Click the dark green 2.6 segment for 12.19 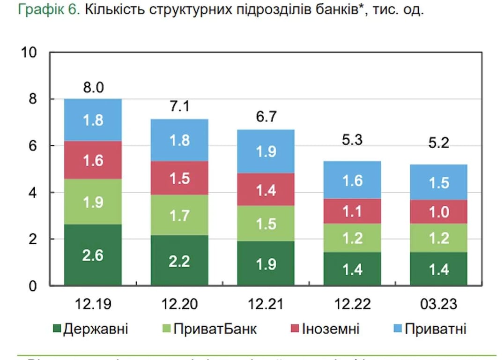click(x=93, y=255)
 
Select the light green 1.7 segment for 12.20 click(x=180, y=216)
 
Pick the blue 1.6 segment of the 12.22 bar click(x=352, y=180)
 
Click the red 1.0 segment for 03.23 click(x=439, y=212)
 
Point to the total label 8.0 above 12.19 click(x=93, y=87)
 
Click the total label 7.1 click(x=180, y=107)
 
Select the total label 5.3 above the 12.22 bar click(x=352, y=140)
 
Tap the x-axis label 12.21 click(x=266, y=304)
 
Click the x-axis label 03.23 click(x=439, y=304)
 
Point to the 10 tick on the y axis click(x=29, y=52)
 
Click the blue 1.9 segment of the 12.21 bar click(x=266, y=151)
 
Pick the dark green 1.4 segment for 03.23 click(x=439, y=269)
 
